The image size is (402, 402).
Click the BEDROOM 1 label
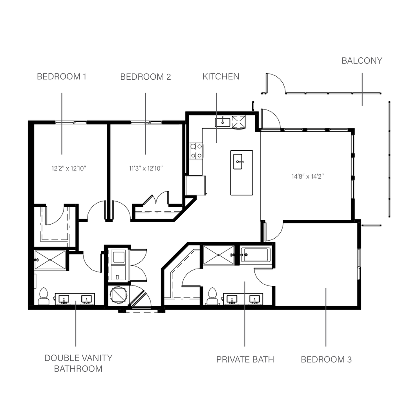62,77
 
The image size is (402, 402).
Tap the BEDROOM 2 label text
146,77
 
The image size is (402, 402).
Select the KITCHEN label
221,77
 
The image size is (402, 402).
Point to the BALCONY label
362,60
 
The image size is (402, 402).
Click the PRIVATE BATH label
245,359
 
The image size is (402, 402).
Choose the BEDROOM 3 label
326,359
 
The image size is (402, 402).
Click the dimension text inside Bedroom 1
69,167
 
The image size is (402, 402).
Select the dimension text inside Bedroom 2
146,167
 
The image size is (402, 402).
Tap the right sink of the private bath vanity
254,300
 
